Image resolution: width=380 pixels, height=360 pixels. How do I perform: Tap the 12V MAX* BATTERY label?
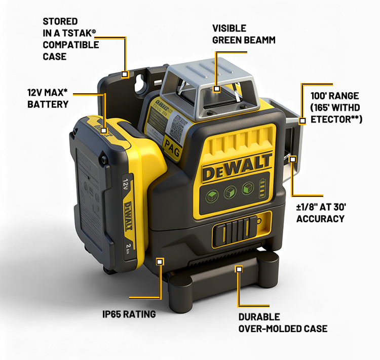tap(48, 98)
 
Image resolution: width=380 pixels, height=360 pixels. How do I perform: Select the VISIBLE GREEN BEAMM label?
tap(244, 34)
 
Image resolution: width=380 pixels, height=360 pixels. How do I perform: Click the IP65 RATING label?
tap(129, 314)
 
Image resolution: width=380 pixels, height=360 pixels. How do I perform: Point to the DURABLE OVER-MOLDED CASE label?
tap(283, 323)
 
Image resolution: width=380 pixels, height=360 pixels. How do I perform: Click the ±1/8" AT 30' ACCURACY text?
tap(321, 213)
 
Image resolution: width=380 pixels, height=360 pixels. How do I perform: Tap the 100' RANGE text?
tap(335, 96)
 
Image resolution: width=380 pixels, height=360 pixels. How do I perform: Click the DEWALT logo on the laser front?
tap(237, 167)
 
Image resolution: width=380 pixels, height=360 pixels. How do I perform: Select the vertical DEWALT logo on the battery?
tap(128, 216)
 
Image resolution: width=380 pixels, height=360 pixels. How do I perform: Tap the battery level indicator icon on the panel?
tap(262, 188)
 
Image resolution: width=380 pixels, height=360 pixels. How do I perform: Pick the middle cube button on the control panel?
tap(230, 192)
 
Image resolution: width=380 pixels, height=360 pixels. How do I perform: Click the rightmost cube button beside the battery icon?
tap(248, 188)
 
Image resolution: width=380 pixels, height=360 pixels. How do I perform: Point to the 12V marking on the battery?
tap(126, 185)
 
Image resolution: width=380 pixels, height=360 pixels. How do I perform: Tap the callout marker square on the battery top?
tap(104, 131)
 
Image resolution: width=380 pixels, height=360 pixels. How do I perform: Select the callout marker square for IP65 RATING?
tap(159, 262)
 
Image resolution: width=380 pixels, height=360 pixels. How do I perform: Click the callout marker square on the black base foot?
tap(239, 269)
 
